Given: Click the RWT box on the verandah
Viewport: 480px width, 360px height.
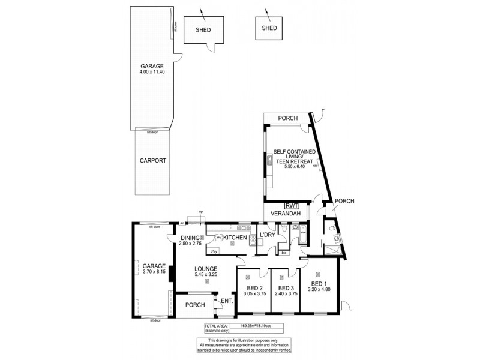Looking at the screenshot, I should [x=293, y=204].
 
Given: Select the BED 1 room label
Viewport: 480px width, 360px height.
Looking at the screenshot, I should [x=319, y=283].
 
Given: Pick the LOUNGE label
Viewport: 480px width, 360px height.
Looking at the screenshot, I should [x=205, y=268].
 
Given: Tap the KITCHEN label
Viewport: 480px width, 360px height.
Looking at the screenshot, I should [x=236, y=238].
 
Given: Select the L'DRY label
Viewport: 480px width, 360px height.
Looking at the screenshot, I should [x=267, y=235].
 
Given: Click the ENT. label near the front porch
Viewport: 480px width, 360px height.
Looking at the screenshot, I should [x=227, y=301].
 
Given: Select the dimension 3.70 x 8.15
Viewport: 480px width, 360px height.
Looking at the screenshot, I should [x=154, y=272].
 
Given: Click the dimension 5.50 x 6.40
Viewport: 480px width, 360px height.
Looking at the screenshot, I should [x=295, y=167].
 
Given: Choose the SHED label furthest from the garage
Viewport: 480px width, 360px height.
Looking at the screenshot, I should [x=269, y=28].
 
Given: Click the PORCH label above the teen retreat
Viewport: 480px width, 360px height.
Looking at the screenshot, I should [x=288, y=118].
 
